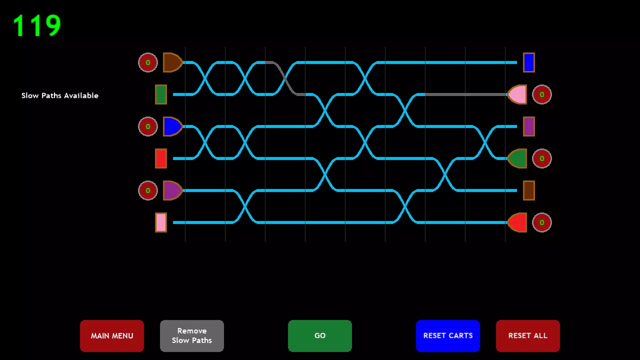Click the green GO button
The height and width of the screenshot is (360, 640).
(320, 335)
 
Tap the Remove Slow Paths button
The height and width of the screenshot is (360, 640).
(192, 335)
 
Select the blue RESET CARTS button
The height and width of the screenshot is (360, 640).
(447, 335)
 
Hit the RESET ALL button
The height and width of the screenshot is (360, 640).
(527, 335)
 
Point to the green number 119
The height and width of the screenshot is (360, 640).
(37, 25)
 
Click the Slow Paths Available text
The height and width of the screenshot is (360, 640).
(60, 95)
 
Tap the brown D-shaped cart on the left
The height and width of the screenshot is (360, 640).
(172, 62)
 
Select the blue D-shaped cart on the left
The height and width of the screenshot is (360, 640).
(172, 126)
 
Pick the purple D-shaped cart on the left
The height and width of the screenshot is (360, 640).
(172, 190)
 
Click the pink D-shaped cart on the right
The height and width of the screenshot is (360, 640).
(518, 94)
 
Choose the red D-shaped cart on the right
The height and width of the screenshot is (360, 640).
(518, 222)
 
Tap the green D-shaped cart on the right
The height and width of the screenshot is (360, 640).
(518, 158)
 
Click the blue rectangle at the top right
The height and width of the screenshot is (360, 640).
(528, 62)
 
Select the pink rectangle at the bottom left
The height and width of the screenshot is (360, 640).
(160, 222)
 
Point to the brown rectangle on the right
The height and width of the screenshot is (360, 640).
(528, 190)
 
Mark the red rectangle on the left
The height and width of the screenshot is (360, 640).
(160, 158)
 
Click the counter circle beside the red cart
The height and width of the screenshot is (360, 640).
(541, 222)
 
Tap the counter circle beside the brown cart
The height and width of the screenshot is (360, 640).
(148, 62)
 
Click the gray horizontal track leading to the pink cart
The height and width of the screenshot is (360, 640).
(465, 94)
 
